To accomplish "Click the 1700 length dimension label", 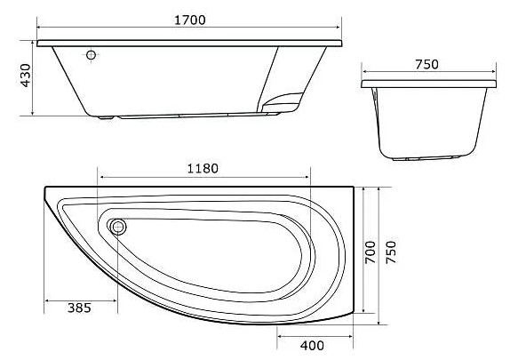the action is coord(190,20).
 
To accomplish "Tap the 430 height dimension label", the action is coord(26,76).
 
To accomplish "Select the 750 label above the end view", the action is coord(426,65).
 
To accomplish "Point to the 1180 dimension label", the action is coord(203,168).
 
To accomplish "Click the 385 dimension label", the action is coord(79,308).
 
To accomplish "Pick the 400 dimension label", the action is coord(312,346).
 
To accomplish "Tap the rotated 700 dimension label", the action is coord(371,252).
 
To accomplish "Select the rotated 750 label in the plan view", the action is coord(391,252).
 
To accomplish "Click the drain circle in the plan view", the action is coord(118,227).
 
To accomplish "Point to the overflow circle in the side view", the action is coord(91,55).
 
